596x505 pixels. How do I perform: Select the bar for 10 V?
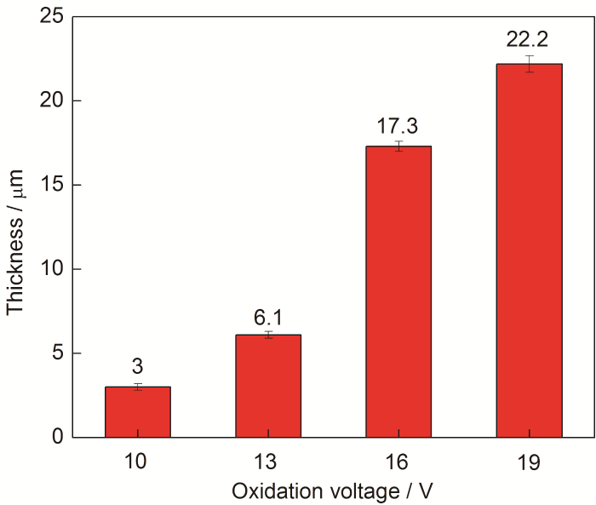(138, 412)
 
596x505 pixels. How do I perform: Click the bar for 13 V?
(268, 387)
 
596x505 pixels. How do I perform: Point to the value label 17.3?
(398, 125)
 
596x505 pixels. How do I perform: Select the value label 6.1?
(268, 318)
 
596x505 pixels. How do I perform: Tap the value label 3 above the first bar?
(138, 367)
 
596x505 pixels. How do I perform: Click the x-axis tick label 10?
(138, 462)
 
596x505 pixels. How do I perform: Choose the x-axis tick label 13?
(268, 462)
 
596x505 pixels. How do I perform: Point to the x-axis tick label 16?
(398, 462)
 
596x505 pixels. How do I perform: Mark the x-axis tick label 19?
(529, 462)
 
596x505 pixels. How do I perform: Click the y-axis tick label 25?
(53, 17)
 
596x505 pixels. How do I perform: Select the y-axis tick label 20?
(53, 100)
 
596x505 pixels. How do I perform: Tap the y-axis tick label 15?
(53, 185)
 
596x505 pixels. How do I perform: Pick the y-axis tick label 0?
(58, 437)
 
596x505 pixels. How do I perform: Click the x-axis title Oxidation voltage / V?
(334, 491)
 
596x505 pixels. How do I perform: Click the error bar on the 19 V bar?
(529, 64)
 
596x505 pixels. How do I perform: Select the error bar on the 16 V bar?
(398, 146)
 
